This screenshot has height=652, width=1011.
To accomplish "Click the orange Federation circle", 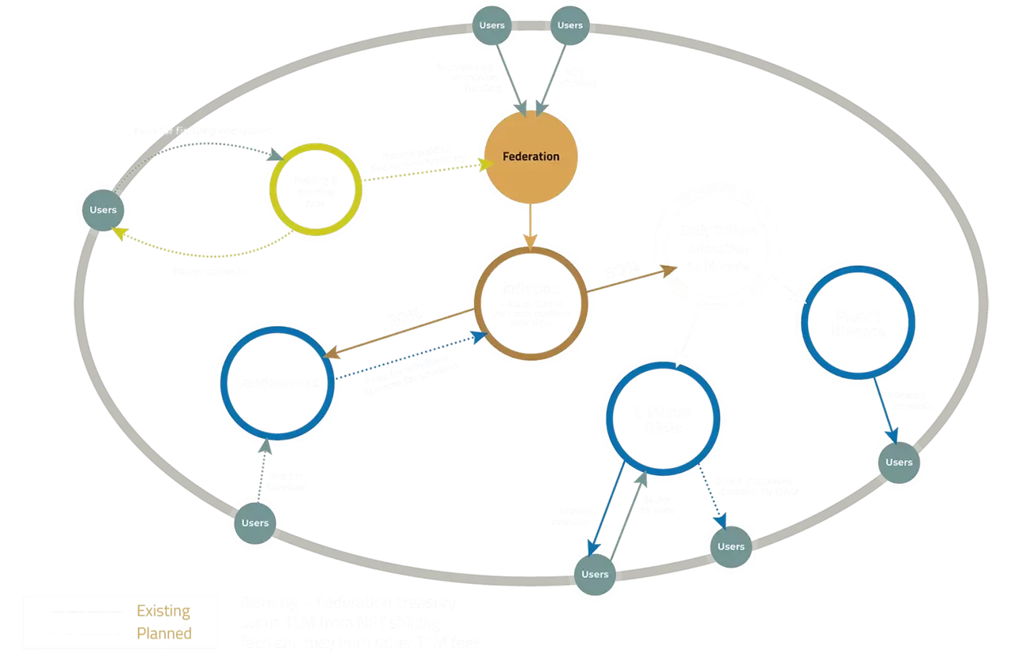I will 531,156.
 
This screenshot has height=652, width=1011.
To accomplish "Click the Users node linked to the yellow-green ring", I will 103,209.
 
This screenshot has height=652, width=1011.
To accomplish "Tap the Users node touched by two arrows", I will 595,574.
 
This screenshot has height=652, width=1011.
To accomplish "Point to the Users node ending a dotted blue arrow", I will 731,546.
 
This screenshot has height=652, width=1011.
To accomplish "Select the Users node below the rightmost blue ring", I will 899,462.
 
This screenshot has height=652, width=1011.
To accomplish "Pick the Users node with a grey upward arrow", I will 254,523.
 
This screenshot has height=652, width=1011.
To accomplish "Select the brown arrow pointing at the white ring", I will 632,282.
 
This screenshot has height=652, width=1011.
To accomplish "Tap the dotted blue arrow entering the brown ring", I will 411,358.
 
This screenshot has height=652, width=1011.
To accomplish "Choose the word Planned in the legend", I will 165,633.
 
